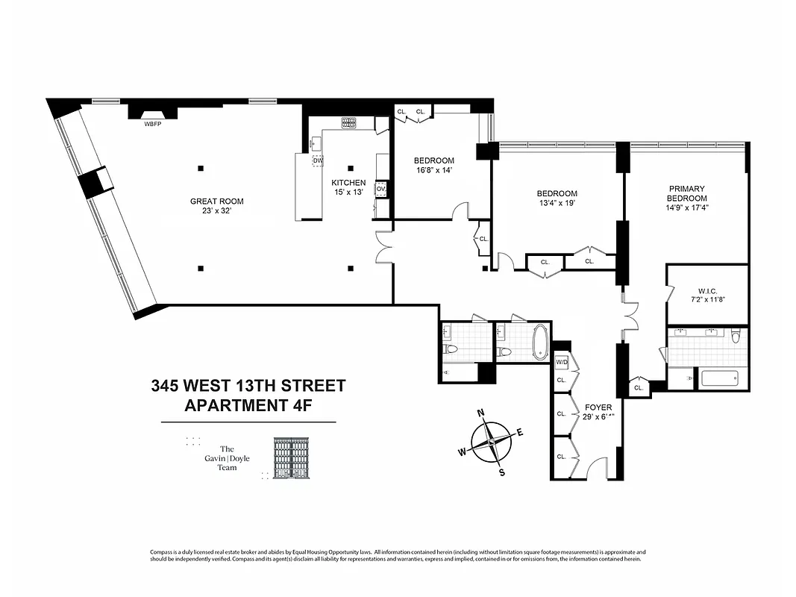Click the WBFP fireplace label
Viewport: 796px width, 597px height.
click(153, 124)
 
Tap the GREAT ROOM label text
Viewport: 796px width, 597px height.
click(216, 201)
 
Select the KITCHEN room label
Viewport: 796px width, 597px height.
click(348, 183)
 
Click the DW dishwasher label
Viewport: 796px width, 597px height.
click(318, 160)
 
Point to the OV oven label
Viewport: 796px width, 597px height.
click(380, 189)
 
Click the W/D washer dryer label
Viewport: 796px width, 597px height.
click(561, 363)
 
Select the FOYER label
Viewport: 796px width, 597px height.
click(598, 407)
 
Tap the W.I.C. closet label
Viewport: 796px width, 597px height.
click(707, 291)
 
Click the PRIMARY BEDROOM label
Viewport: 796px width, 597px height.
click(687, 193)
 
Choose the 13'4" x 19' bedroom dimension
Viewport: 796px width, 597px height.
click(555, 203)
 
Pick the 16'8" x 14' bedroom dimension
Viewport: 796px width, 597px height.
click(433, 170)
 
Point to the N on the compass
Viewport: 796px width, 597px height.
click(481, 413)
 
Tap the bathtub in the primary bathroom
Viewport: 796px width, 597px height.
click(719, 378)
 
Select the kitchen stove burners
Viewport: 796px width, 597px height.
click(349, 122)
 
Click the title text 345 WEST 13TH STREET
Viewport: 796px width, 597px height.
click(248, 386)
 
